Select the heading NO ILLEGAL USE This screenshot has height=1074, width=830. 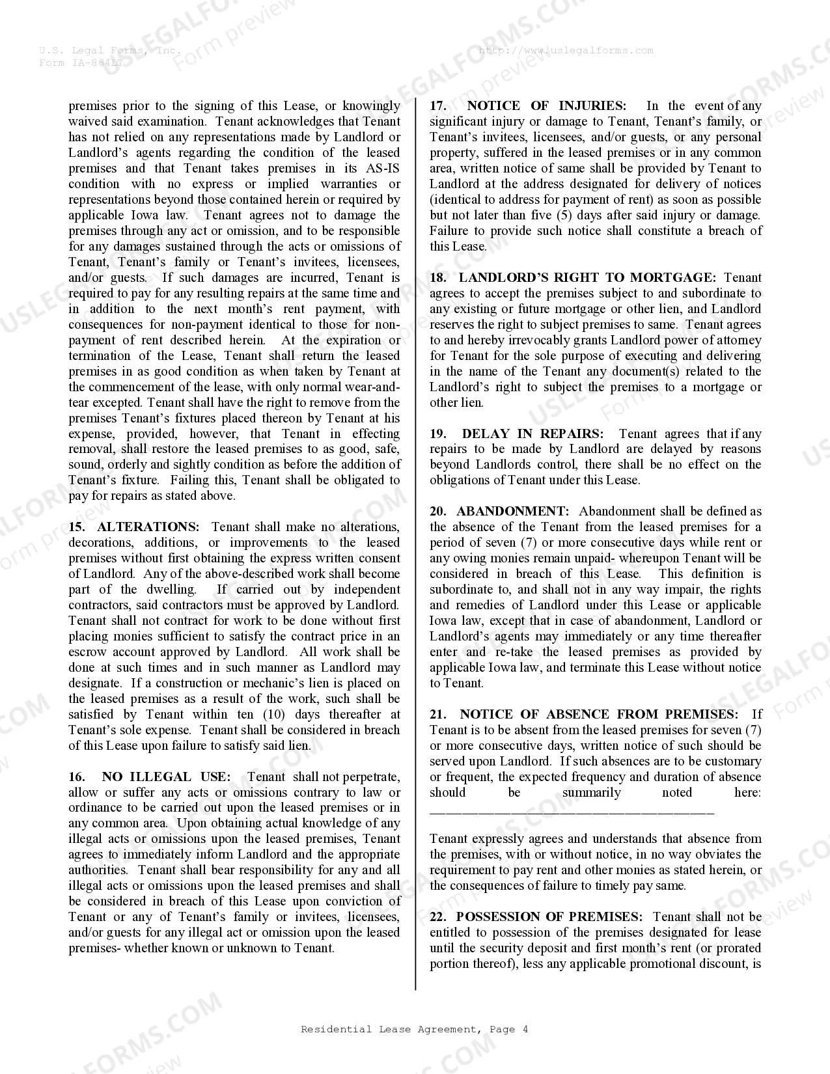(166, 777)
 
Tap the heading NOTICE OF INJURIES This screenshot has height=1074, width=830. (547, 105)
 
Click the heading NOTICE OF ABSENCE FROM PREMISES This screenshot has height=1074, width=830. (599, 714)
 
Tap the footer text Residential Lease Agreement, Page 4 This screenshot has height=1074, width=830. (415, 1029)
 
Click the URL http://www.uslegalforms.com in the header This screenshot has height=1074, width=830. (566, 50)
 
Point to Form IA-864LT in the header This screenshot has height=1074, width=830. (80, 62)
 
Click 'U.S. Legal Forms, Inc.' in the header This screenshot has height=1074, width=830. (109, 50)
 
